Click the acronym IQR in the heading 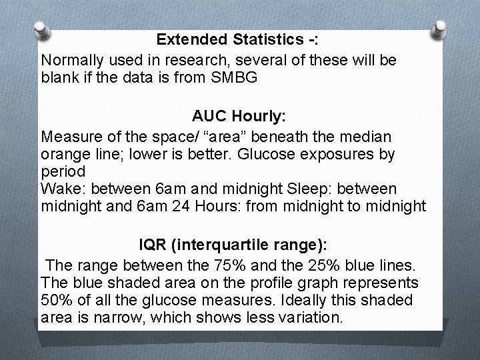[x=153, y=245]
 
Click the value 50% [x=55, y=300]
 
